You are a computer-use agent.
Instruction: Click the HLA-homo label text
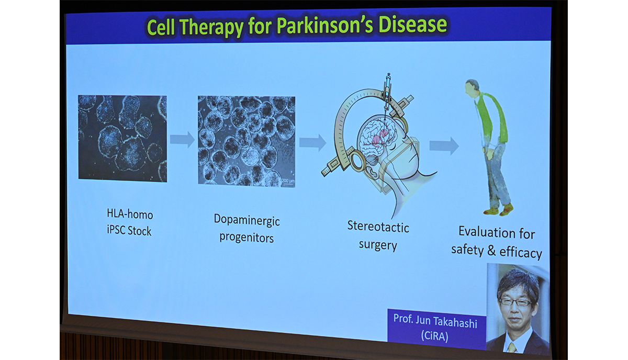[130, 214]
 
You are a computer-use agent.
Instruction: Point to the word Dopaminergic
[246, 220]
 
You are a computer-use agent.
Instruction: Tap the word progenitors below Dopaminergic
[246, 238]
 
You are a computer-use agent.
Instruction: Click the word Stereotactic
[378, 227]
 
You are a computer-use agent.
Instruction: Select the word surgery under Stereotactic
[378, 245]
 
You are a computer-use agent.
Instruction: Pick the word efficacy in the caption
[521, 252]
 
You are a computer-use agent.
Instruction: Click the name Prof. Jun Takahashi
[435, 321]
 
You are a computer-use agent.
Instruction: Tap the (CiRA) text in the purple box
[434, 335]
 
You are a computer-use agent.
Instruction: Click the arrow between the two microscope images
[182, 139]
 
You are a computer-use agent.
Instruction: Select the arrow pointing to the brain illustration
[312, 142]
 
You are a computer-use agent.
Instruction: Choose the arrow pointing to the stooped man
[444, 146]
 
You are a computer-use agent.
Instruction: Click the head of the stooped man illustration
[472, 88]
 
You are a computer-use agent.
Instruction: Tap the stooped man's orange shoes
[499, 210]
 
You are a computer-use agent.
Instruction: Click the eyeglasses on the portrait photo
[515, 302]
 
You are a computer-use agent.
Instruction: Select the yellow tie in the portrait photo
[512, 347]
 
